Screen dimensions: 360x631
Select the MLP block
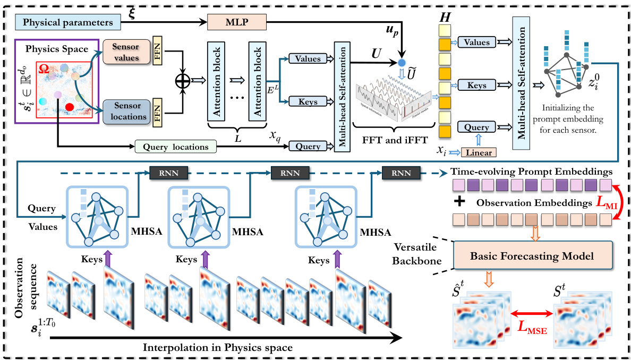coord(235,22)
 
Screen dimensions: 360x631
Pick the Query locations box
coord(176,146)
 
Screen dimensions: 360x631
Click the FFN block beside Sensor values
coord(158,54)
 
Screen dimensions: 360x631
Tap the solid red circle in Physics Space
coord(69,108)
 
